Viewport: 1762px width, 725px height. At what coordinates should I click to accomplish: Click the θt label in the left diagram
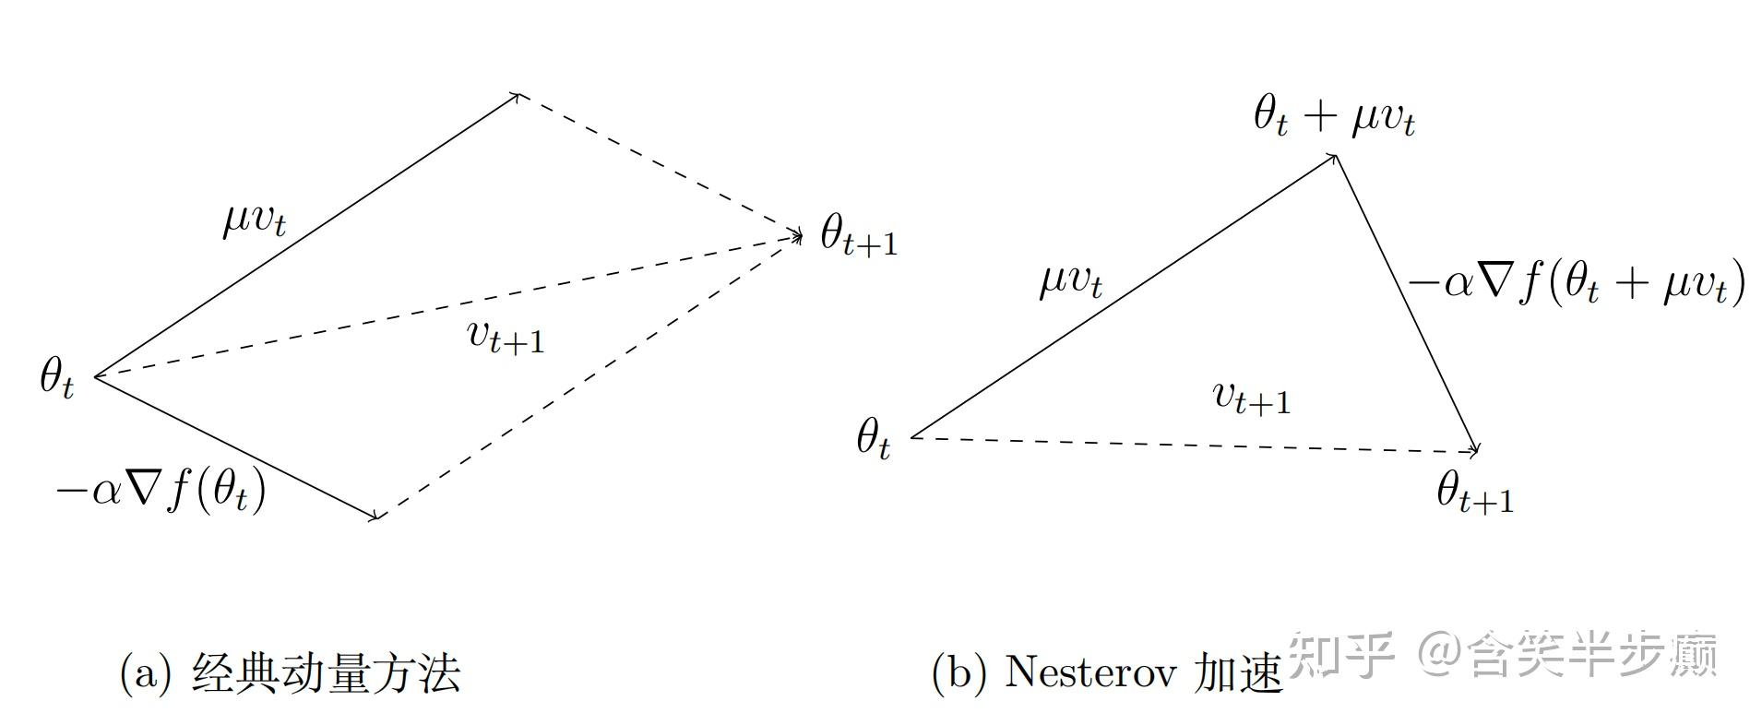(x=56, y=378)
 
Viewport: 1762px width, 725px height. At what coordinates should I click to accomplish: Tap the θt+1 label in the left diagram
(x=858, y=238)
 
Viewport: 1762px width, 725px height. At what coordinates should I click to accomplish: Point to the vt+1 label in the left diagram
(x=506, y=338)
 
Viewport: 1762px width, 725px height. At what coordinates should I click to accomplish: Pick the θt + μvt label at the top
(x=1334, y=118)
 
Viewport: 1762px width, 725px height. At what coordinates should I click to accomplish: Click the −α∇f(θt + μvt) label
(x=1576, y=283)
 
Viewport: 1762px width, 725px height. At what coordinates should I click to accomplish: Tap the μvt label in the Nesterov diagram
(x=1070, y=279)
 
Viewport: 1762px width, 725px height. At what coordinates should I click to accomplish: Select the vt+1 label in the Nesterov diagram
(x=1251, y=397)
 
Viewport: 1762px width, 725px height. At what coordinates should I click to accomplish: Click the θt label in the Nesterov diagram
(x=873, y=438)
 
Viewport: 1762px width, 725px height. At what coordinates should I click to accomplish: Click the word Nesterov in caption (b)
(x=1089, y=672)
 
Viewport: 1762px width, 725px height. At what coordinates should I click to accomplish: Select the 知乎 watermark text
(x=1339, y=653)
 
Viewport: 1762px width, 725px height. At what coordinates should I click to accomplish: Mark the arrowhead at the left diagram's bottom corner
(x=375, y=516)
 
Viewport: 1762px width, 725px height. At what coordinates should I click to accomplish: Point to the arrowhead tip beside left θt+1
(x=799, y=236)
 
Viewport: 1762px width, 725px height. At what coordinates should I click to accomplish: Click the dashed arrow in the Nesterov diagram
(x=1199, y=445)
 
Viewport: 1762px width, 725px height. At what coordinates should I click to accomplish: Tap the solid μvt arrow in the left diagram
(x=304, y=236)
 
